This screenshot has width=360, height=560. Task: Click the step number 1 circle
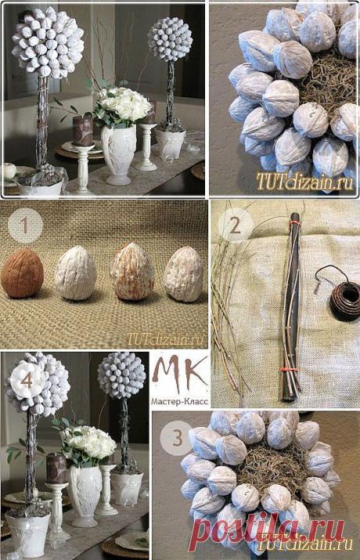click(x=24, y=226)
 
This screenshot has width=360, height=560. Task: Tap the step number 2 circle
click(x=235, y=226)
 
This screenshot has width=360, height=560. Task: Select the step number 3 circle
click(x=178, y=439)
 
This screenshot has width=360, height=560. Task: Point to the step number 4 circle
click(x=27, y=381)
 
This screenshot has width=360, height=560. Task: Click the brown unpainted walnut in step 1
click(x=22, y=273)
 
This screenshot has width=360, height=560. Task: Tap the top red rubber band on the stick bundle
click(x=293, y=222)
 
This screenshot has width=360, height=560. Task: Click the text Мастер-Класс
click(x=179, y=402)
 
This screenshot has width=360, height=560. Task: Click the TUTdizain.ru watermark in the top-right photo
click(x=304, y=182)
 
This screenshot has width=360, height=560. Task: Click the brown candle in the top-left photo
click(x=82, y=131)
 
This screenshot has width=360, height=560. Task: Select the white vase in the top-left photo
click(x=118, y=154)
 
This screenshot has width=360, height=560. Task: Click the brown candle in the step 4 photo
click(x=56, y=468)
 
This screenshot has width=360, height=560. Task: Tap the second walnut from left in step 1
click(x=76, y=275)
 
